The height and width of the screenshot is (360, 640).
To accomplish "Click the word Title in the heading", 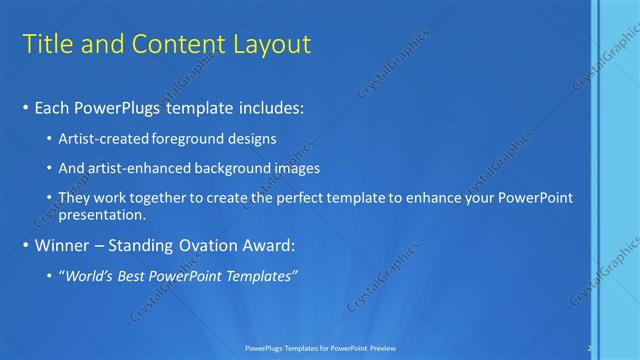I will pyautogui.click(x=47, y=44).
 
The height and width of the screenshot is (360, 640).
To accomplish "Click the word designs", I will pyautogui.click(x=255, y=139).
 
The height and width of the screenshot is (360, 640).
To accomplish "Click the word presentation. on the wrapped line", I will pyautogui.click(x=103, y=214).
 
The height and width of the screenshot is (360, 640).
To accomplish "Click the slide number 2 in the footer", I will pyautogui.click(x=590, y=347).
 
